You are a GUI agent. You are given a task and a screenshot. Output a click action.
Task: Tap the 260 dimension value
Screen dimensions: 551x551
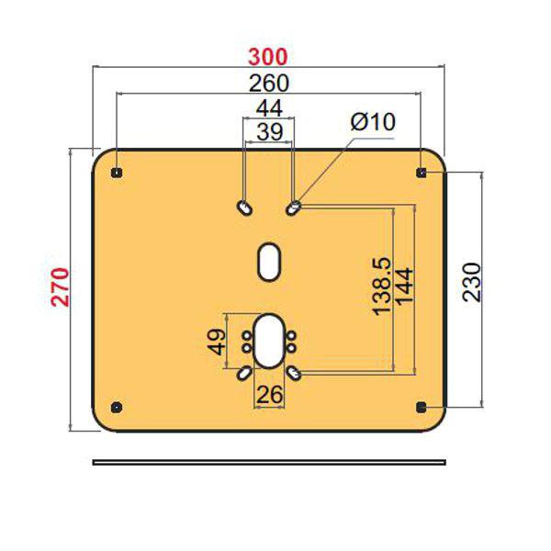point(268,83)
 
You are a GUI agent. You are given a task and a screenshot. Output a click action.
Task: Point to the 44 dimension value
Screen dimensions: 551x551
point(268,109)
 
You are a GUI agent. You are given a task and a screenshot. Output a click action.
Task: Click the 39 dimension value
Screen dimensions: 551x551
point(268,131)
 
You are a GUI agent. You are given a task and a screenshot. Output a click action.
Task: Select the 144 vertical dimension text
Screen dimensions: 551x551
point(405,288)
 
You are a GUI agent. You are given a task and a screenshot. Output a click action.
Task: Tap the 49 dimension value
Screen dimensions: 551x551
point(217,343)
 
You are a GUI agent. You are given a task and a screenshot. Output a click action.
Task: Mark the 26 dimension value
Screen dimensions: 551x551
point(269,395)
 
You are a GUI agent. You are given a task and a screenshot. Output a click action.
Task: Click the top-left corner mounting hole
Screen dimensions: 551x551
point(116,173)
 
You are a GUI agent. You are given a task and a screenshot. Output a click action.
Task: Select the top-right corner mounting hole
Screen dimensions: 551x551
point(422,173)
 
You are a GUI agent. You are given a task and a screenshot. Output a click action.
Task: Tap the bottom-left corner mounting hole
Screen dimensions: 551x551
point(116,407)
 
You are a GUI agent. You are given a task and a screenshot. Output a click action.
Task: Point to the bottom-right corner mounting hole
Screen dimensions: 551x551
point(422,407)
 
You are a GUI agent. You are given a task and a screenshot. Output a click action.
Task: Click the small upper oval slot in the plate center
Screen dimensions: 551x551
point(269,260)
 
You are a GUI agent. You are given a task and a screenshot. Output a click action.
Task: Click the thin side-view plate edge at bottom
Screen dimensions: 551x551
point(269,461)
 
